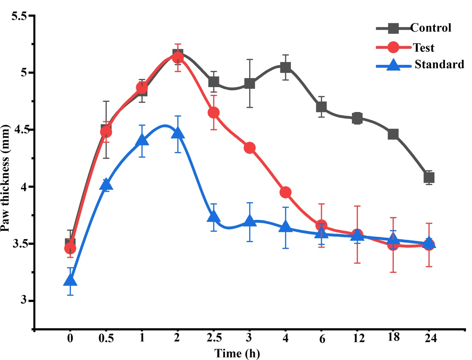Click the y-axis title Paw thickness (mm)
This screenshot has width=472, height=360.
click(x=5, y=178)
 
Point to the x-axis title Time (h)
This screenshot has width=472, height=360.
click(x=237, y=353)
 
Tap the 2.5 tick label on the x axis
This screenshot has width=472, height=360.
click(x=214, y=338)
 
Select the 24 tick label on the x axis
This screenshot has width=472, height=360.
click(x=430, y=338)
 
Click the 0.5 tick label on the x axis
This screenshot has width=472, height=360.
click(x=106, y=338)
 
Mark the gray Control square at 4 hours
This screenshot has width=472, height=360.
click(x=285, y=67)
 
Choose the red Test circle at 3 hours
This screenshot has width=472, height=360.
click(x=250, y=148)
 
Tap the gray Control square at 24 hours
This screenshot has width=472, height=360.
click(x=429, y=178)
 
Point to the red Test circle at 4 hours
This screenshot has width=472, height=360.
click(x=285, y=192)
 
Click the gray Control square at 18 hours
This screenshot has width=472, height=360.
click(x=393, y=134)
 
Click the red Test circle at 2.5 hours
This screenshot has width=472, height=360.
click(x=214, y=113)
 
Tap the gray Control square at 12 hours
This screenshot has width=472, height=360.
click(x=357, y=118)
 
